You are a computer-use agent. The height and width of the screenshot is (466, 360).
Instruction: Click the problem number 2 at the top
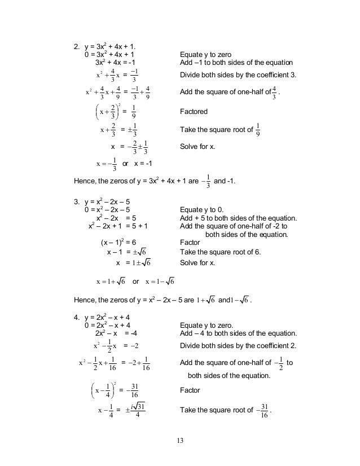point(77,46)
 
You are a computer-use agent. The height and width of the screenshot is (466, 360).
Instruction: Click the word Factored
point(193,112)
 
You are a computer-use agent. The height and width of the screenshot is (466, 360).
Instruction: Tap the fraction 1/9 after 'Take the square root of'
point(258,130)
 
